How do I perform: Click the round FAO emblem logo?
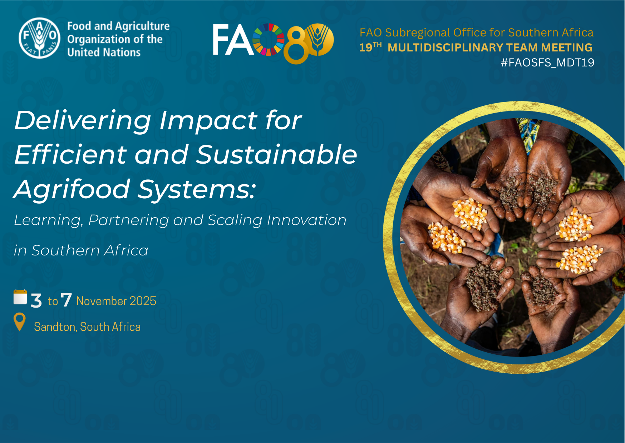[x=39, y=38]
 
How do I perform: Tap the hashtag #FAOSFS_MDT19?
[x=547, y=63]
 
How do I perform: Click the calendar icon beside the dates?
[x=20, y=297]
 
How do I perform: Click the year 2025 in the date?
[x=143, y=301]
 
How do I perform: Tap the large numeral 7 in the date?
[x=66, y=300]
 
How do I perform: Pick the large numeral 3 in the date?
[x=36, y=300]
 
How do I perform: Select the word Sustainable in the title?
[x=277, y=155]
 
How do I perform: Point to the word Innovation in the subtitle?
[x=307, y=220]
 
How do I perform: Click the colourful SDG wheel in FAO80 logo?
[x=268, y=40]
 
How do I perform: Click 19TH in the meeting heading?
[x=370, y=47]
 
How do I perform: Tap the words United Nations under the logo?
[x=104, y=52]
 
